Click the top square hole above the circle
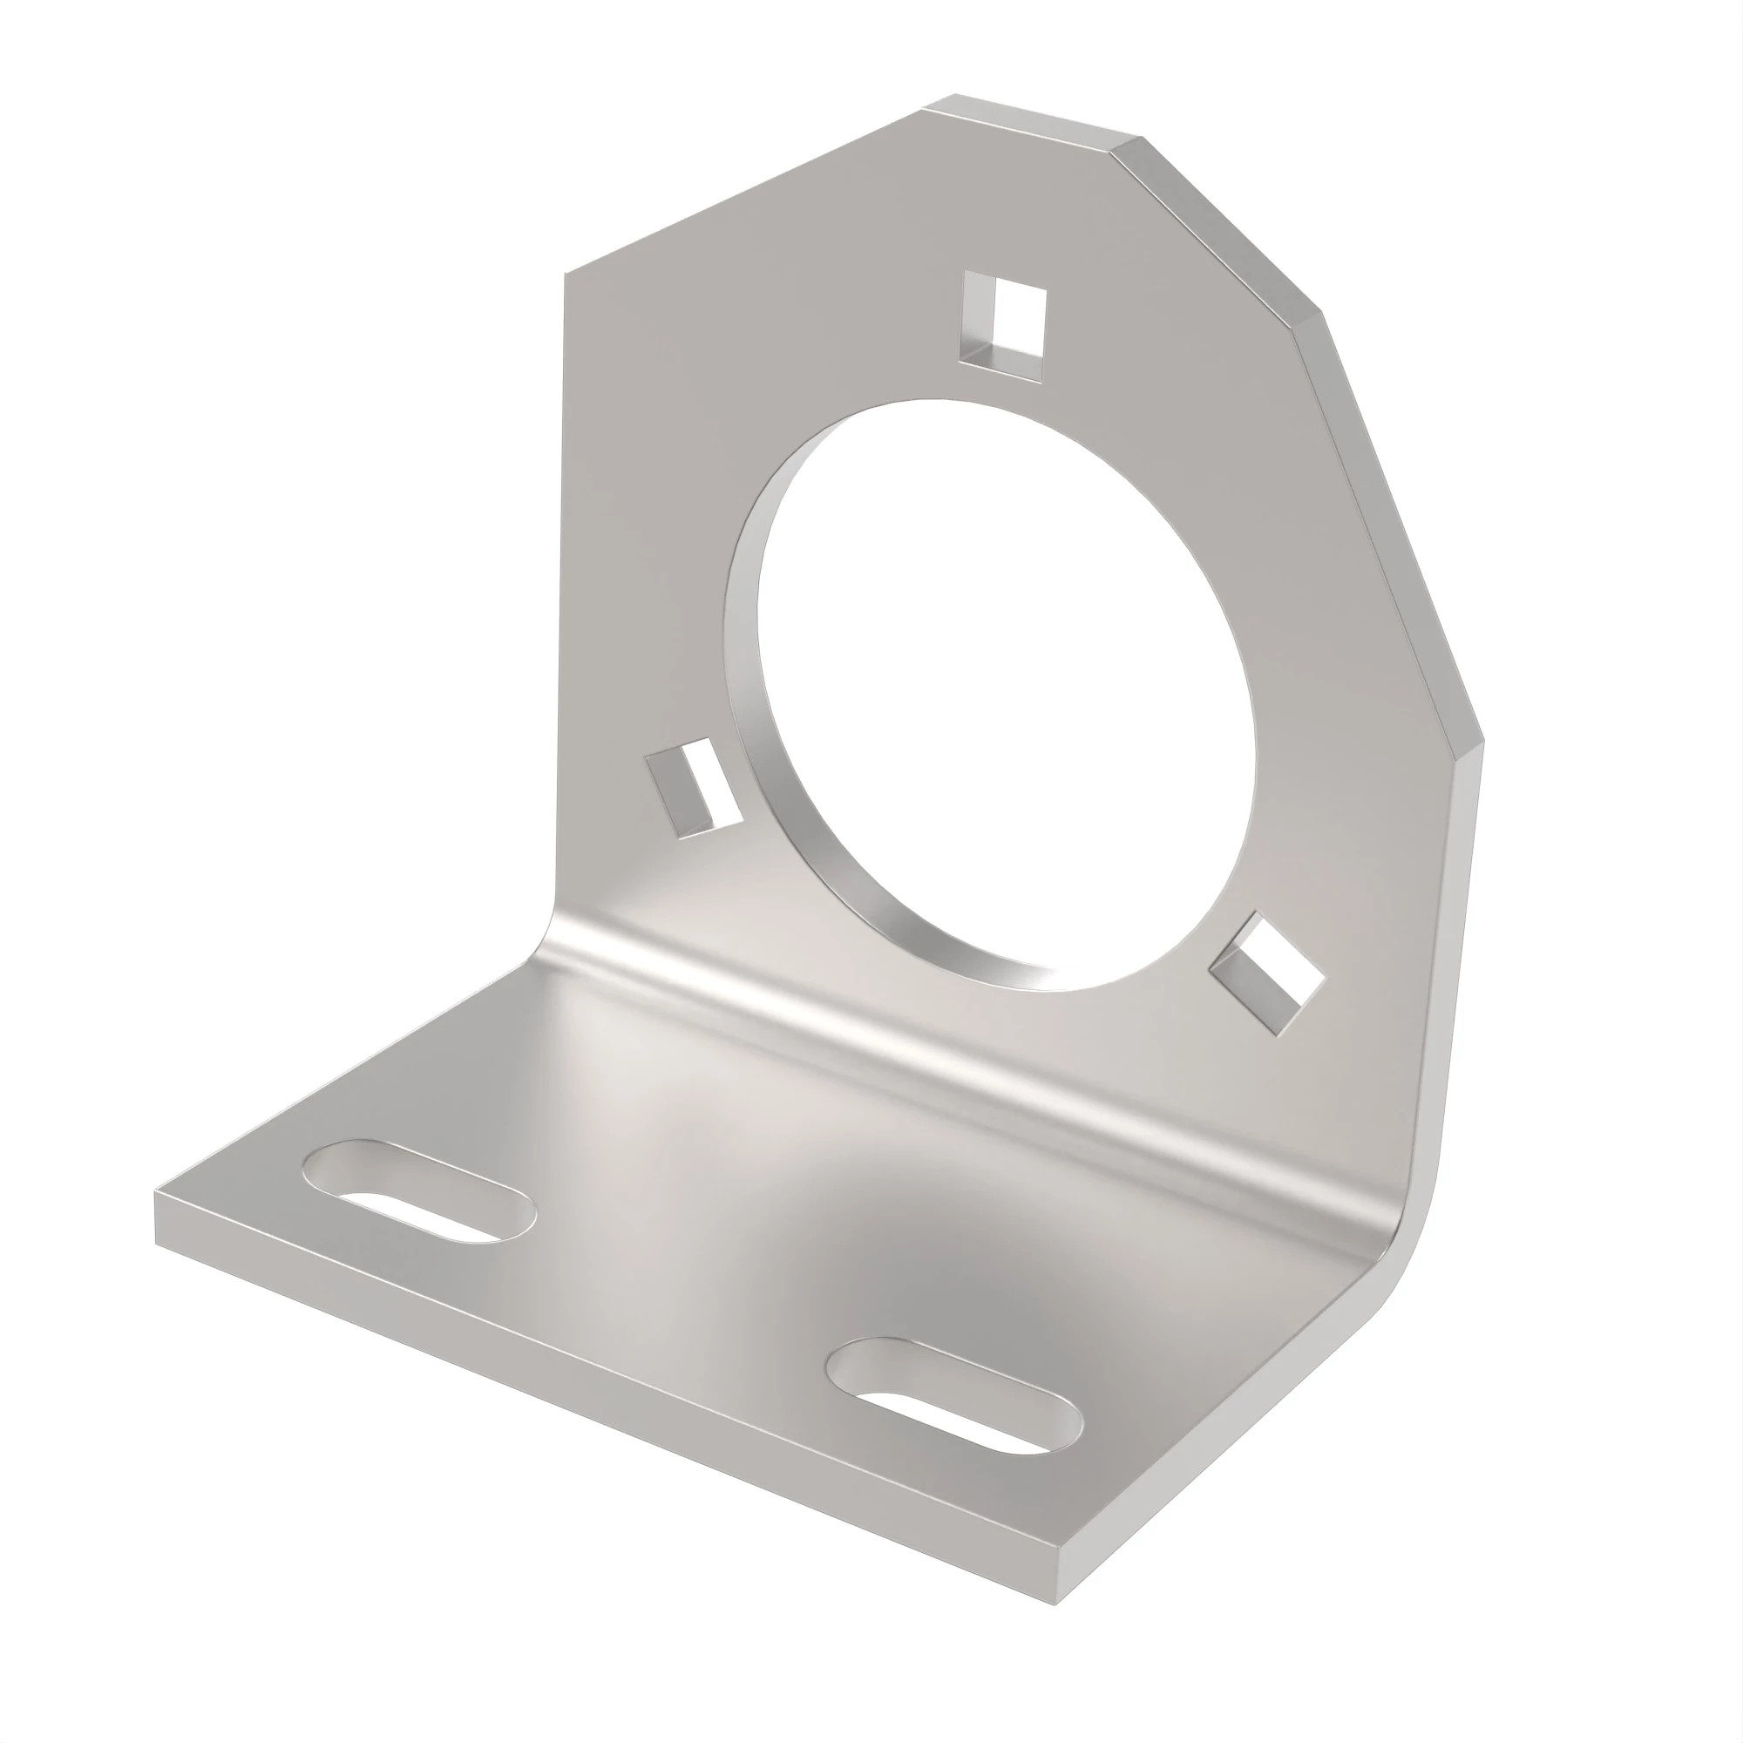1002,319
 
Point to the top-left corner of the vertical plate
566,273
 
